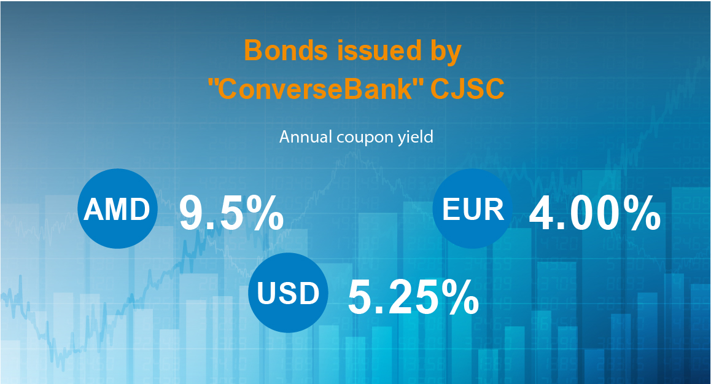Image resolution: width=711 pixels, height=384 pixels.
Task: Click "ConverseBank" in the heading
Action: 314,90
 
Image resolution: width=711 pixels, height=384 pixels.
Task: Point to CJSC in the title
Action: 467,90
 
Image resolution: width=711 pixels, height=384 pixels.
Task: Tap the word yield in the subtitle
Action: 416,136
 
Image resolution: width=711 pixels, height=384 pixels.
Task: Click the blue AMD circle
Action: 117,210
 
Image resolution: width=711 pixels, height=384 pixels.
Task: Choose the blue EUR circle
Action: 473,210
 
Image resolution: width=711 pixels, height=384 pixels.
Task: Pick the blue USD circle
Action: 288,293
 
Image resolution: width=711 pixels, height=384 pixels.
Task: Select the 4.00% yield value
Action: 594,213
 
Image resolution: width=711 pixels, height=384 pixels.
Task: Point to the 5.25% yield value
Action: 413,297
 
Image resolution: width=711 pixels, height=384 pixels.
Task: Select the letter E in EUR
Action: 451,210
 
